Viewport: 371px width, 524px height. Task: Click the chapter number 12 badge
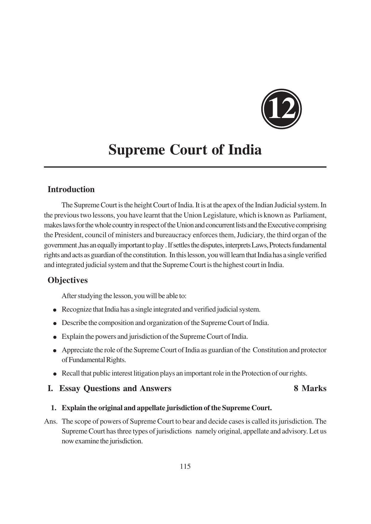[281, 109]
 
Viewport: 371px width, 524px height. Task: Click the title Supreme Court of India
[185, 150]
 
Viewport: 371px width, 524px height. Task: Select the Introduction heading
[71, 189]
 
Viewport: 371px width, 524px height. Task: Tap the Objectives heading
[68, 280]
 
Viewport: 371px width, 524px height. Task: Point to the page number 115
[185, 466]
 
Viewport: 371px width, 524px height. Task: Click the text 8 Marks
[310, 388]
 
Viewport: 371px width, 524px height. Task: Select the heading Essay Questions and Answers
[115, 388]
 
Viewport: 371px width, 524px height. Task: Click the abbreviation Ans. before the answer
[51, 422]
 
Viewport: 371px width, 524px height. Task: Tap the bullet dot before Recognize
[55, 310]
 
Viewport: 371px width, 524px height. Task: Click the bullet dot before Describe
[55, 323]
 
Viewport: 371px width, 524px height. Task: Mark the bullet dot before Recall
[55, 374]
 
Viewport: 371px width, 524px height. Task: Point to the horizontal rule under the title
[185, 167]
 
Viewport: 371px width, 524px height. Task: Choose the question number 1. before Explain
[54, 408]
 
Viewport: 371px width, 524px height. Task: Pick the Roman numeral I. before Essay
[50, 388]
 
